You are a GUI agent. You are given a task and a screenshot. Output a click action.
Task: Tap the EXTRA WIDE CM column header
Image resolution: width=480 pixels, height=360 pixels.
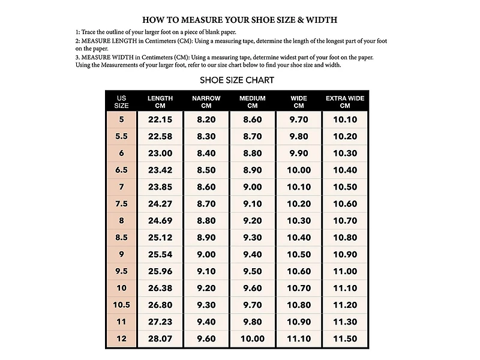click(x=345, y=101)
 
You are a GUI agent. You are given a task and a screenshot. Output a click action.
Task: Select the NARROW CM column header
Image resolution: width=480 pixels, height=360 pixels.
click(x=206, y=101)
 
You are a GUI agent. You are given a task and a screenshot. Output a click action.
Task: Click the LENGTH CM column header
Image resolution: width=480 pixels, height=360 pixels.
click(x=160, y=101)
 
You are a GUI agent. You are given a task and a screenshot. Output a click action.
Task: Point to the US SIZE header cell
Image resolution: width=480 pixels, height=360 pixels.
click(x=122, y=101)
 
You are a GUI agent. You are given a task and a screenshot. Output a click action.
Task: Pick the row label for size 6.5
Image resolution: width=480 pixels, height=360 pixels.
click(x=122, y=170)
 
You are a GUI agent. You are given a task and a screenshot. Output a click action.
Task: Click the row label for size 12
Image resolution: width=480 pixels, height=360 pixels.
click(x=122, y=339)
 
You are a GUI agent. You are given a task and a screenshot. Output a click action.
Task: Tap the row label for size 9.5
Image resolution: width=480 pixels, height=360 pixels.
click(x=122, y=271)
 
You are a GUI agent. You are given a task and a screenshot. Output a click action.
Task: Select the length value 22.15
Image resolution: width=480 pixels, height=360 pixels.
click(x=160, y=119)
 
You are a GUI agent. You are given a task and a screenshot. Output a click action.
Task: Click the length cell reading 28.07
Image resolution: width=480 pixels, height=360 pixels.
click(x=160, y=339)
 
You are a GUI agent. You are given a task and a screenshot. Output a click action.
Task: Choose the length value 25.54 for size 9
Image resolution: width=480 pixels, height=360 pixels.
click(x=160, y=254)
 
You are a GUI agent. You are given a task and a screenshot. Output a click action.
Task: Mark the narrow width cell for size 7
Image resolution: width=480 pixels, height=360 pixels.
click(x=206, y=187)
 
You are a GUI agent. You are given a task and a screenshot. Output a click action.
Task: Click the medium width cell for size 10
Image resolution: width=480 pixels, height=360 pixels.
click(x=253, y=288)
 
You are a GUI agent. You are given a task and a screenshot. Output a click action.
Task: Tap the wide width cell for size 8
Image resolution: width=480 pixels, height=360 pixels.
click(x=299, y=221)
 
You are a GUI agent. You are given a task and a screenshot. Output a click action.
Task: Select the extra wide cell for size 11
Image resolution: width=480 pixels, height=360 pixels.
click(x=345, y=322)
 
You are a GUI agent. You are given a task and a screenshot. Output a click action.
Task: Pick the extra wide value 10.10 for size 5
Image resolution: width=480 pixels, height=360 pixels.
click(x=345, y=119)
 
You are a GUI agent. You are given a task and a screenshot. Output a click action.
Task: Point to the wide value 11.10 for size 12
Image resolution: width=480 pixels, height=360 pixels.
click(x=299, y=339)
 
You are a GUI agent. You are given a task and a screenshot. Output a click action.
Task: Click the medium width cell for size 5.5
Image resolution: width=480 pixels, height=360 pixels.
click(x=253, y=136)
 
